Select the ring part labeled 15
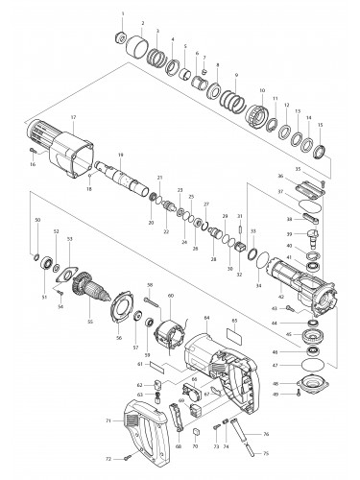click(x=322, y=149)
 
